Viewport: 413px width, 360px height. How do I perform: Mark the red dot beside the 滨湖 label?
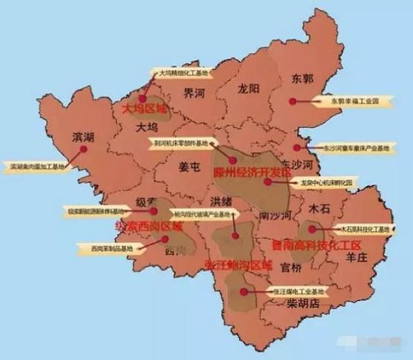(84, 150)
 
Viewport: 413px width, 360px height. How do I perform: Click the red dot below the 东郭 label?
(292, 102)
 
